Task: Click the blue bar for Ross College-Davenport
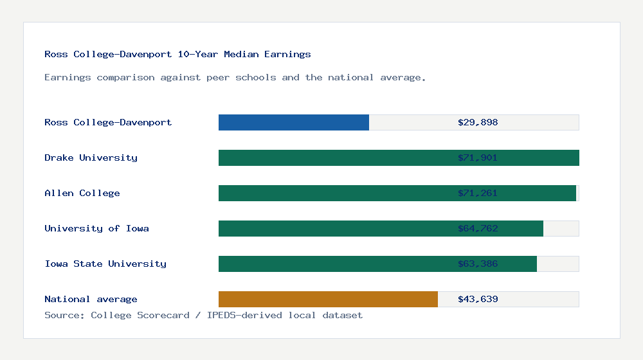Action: pos(294,122)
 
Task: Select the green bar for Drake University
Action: pos(334,157)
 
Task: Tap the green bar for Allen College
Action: pos(334,193)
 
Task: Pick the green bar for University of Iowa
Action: pos(334,228)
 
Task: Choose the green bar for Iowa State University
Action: pos(334,264)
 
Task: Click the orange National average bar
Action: pos(328,299)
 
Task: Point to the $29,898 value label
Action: pos(478,122)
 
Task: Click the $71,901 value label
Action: pos(478,157)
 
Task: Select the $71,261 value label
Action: pos(478,193)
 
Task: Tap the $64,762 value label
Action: pos(478,228)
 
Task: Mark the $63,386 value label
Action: pos(478,264)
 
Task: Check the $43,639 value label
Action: pos(478,299)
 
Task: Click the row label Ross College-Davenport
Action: pos(108,122)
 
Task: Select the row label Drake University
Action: pos(91,157)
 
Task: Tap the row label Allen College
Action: pos(82,193)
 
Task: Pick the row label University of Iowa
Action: pos(96,228)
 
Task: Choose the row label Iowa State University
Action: pos(105,264)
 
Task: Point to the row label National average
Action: pos(91,299)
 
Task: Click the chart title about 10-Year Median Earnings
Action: pos(177,54)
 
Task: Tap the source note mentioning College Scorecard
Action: pos(203,315)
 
